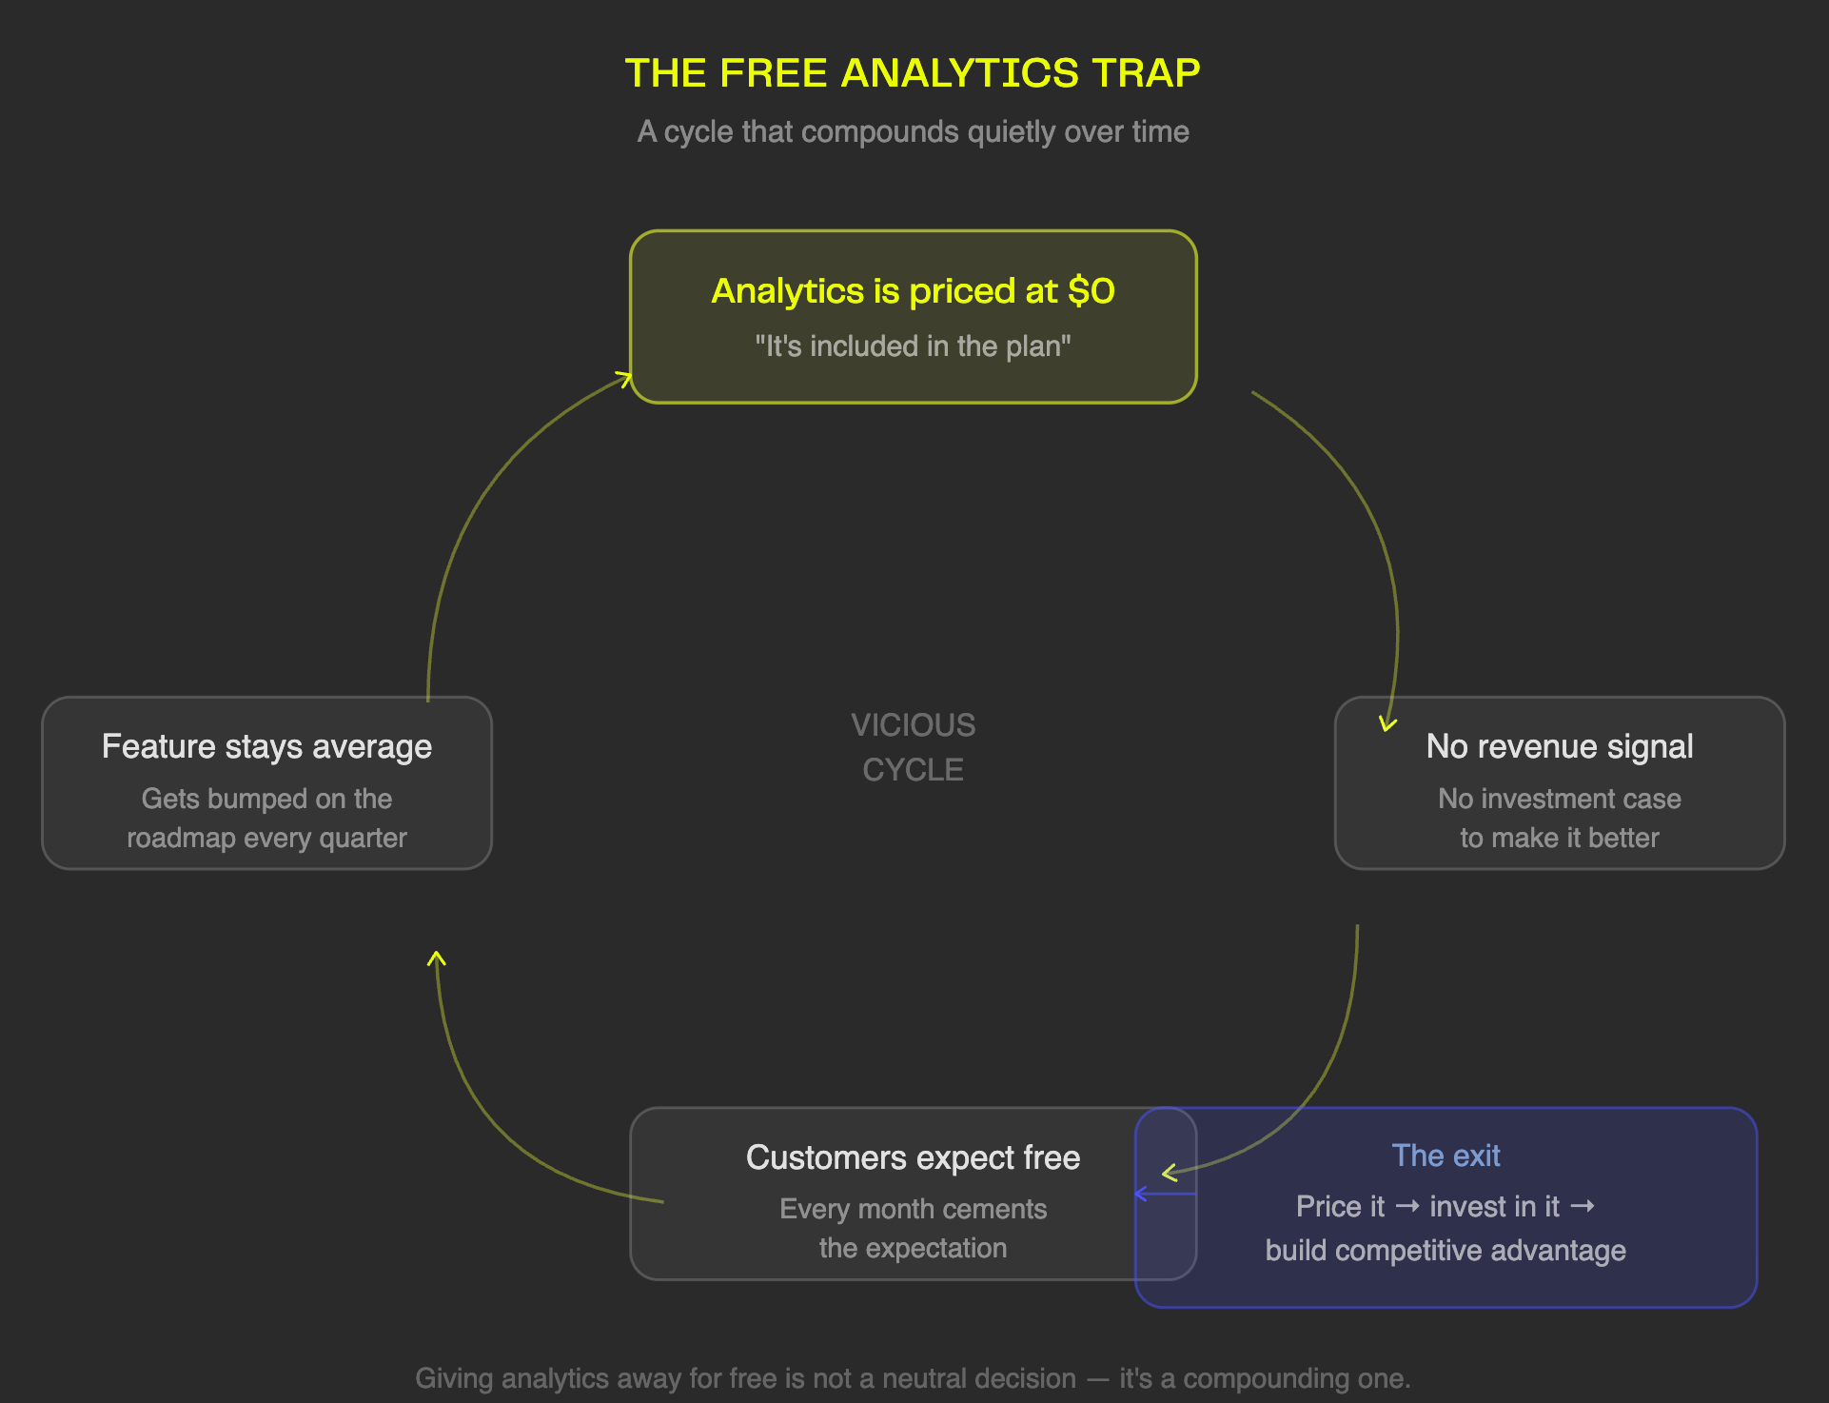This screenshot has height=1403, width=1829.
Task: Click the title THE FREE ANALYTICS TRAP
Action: [913, 73]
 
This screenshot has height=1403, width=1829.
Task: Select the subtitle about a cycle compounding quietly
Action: [913, 131]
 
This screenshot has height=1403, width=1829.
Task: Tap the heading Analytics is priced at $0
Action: [912, 291]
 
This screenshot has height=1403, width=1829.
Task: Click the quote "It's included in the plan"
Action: [913, 346]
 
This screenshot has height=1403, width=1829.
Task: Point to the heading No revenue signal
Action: [1559, 747]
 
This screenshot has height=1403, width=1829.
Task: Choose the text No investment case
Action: [1559, 799]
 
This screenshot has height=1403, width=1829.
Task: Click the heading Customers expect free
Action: [913, 1157]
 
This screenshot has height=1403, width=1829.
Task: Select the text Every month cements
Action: [913, 1209]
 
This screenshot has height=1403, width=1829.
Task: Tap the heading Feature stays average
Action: [266, 747]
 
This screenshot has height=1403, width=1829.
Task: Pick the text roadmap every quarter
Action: [266, 838]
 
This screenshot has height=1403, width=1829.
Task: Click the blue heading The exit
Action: [1445, 1156]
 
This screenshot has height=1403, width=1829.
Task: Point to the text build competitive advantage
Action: [1445, 1251]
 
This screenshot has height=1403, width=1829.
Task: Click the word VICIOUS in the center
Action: [913, 725]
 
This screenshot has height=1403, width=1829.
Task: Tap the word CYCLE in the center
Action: [913, 769]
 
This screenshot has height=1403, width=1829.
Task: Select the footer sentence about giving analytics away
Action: [913, 1378]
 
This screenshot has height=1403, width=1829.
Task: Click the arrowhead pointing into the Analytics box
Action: [625, 379]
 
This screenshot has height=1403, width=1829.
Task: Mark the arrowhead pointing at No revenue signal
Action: [1387, 724]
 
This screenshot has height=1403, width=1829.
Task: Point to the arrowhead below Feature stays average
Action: [437, 958]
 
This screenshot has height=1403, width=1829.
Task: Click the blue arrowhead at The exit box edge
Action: [1140, 1194]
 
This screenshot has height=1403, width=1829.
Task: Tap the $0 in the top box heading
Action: [1091, 291]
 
